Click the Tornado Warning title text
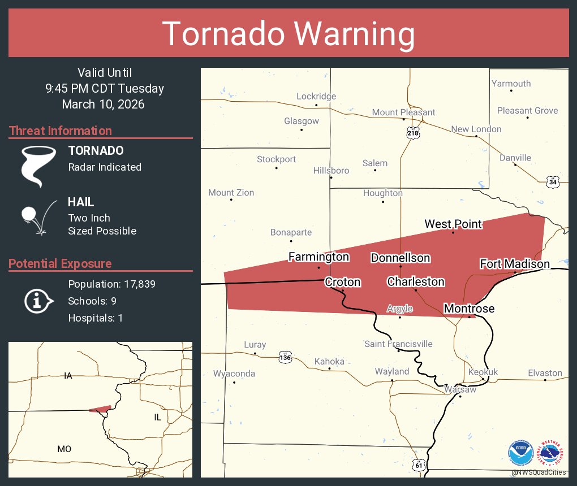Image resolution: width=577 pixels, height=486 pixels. coord(288,34)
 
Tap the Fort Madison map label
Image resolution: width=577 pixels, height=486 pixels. coord(514,264)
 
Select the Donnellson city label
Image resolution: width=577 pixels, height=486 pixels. coord(401,258)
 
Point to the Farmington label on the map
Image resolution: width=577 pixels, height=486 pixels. coord(318,257)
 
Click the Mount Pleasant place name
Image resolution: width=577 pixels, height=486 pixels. coord(403,112)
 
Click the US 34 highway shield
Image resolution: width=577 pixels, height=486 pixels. coord(553,181)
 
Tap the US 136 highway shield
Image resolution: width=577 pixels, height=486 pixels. coord(285,357)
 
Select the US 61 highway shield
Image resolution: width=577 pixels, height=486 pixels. coord(418,465)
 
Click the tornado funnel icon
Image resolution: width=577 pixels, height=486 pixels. coord(38,166)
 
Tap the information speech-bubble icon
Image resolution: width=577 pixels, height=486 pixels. coord(38,301)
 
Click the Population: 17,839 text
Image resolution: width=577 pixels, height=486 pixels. coord(111,284)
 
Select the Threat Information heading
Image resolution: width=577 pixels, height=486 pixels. coord(61,131)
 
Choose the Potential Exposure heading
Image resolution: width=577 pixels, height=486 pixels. coord(61,264)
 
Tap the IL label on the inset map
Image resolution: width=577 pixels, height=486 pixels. coord(157,417)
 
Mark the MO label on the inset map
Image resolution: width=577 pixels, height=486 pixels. coord(64,449)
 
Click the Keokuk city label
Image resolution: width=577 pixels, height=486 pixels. coord(483,372)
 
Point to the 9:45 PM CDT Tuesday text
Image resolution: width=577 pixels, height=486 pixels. coord(105,89)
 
